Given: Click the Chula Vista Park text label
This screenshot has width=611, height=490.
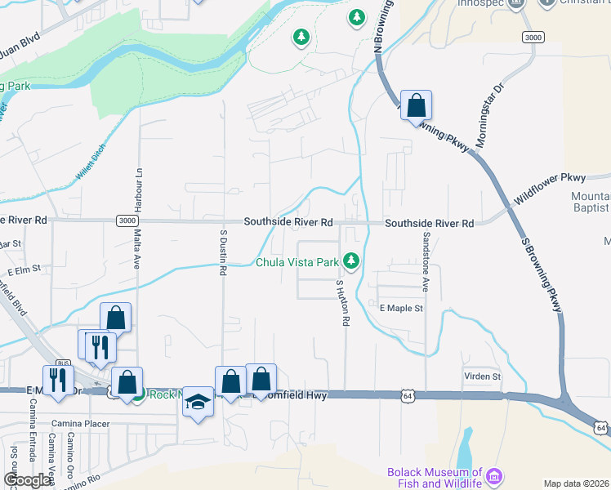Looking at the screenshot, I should click(297, 263).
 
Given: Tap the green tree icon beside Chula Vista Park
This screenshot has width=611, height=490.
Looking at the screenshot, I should click(351, 261).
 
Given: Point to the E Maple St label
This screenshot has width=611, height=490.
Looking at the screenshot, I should click(401, 309).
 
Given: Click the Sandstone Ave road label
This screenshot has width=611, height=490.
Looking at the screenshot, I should click(426, 261).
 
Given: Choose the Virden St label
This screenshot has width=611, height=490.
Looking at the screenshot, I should click(482, 376).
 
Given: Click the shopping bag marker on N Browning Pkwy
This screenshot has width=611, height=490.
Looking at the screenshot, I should click(416, 105).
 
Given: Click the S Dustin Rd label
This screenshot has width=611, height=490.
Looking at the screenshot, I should click(222, 252).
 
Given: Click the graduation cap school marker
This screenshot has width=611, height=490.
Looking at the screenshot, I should click(198, 402).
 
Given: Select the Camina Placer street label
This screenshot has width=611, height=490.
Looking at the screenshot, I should click(80, 424).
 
